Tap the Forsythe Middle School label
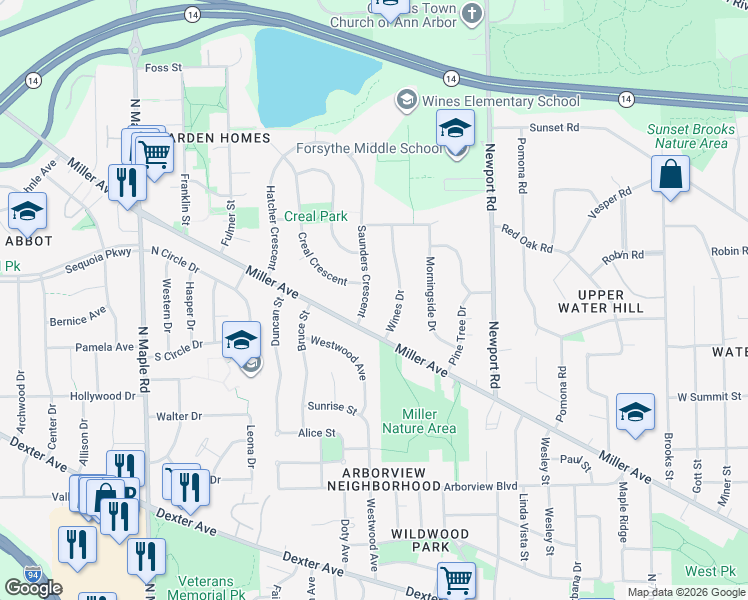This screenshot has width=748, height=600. [368, 149]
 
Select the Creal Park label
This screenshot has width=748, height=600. [316, 216]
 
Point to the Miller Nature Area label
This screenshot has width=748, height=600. [428, 421]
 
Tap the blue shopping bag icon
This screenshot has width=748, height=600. [670, 174]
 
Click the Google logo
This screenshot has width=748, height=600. [33, 588]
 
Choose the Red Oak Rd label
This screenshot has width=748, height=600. [527, 238]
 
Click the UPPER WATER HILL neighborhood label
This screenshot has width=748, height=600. [601, 301]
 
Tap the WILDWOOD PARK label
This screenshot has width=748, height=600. [428, 541]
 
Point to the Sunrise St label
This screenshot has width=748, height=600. [333, 408]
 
